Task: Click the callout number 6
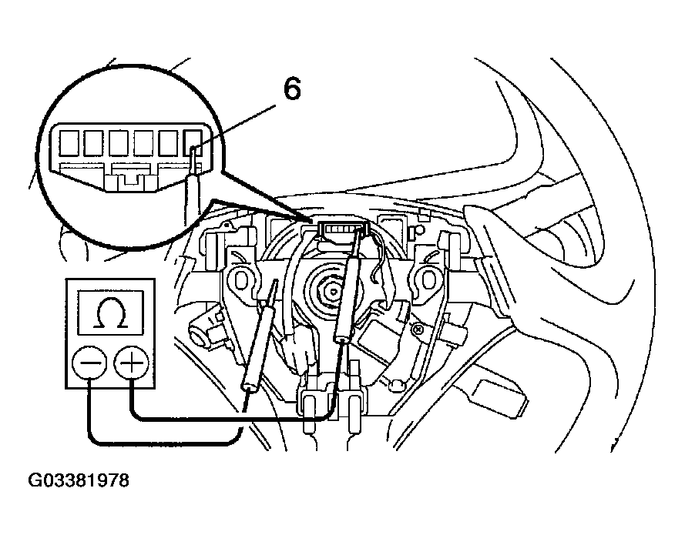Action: (x=292, y=90)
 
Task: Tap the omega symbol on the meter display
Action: (x=110, y=313)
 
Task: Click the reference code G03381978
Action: (x=79, y=481)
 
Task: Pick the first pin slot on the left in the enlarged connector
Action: (x=69, y=142)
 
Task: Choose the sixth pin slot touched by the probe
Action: (x=193, y=142)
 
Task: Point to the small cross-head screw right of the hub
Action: (x=418, y=327)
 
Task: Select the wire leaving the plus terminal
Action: (x=231, y=420)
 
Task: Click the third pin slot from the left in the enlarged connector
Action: (x=119, y=142)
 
